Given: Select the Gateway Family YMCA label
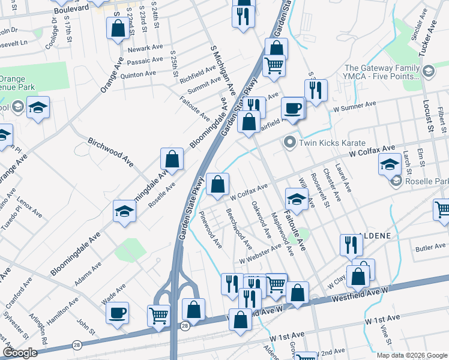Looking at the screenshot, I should (x=382, y=72).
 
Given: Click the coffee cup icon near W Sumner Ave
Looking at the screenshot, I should (x=292, y=109).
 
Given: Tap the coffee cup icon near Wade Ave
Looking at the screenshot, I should (x=117, y=313).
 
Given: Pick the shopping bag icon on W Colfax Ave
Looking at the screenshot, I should (x=217, y=184).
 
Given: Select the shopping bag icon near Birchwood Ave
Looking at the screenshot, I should (x=172, y=160).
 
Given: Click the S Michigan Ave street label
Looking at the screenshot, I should (x=222, y=70).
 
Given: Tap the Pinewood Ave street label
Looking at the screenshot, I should (x=211, y=229).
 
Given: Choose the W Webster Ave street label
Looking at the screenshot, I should (x=260, y=254).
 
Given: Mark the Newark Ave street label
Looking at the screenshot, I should (x=142, y=48).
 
